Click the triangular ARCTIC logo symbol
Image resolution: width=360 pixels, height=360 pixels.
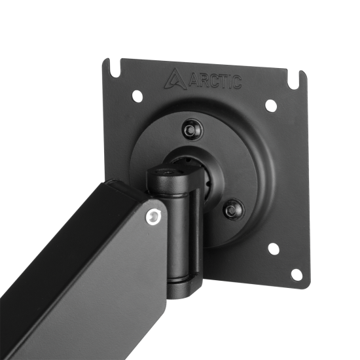pyautogui.click(x=175, y=79)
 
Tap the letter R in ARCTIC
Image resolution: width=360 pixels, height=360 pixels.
pyautogui.click(x=203, y=81)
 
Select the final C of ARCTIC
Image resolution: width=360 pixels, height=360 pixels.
pyautogui.click(x=237, y=82)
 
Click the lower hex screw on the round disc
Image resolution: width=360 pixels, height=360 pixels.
pyautogui.click(x=234, y=209)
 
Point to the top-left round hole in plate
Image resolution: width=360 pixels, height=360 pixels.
pyautogui.click(x=137, y=96)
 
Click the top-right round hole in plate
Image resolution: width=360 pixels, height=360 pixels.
pyautogui.click(x=270, y=105)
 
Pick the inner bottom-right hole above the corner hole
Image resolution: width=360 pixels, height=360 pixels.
pyautogui.click(x=273, y=249)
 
